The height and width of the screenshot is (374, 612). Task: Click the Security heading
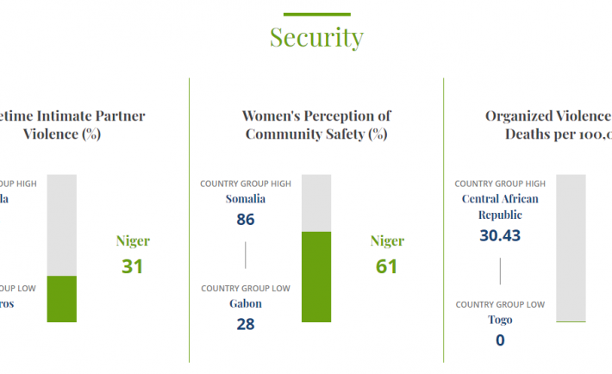pos(316,38)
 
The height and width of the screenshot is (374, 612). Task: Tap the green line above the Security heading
pos(316,14)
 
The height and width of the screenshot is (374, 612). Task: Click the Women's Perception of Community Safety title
pos(316,125)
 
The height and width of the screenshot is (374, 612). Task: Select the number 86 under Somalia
pos(246,220)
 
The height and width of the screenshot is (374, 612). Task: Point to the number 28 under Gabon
pos(246,325)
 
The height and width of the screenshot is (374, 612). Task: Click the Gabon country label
pos(246,304)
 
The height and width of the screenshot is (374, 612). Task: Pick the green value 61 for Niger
pos(387,266)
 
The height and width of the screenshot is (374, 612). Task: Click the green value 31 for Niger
pos(132,266)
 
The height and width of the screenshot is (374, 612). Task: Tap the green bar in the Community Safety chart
pos(316,277)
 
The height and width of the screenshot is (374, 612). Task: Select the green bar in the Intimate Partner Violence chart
pos(62,299)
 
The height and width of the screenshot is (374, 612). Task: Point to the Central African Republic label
pos(500,207)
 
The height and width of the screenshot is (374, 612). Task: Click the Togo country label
pos(500,320)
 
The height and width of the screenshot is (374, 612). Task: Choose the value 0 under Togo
pos(500,340)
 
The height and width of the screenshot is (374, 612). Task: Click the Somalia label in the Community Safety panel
pos(246,199)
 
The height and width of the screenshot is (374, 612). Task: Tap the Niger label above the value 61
pos(387,241)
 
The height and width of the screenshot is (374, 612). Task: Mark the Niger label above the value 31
pos(132,241)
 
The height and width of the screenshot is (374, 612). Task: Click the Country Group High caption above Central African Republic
pos(500,184)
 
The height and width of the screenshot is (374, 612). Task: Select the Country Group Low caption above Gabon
pos(246,289)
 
